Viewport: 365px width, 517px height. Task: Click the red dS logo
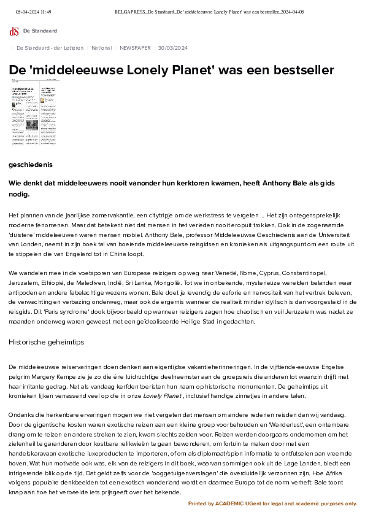pos(13,31)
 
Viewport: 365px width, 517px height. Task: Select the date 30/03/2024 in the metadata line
pos(172,47)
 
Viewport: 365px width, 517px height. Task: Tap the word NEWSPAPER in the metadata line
pos(135,47)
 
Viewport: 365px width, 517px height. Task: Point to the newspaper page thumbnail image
pos(35,112)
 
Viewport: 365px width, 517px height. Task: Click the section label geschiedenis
pos(31,165)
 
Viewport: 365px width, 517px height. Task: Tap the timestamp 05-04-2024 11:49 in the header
pos(33,12)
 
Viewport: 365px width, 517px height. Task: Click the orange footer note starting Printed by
pos(272,503)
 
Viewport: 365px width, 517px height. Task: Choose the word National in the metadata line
pos(101,47)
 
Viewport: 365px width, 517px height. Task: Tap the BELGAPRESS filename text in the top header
pos(209,12)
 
